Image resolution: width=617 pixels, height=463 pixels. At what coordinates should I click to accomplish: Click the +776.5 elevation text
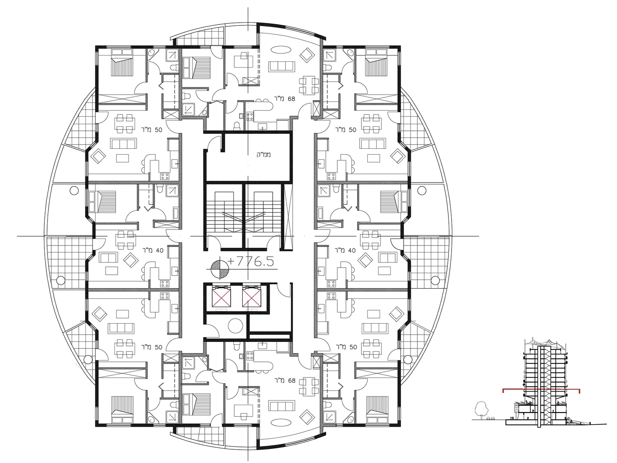[x=251, y=262]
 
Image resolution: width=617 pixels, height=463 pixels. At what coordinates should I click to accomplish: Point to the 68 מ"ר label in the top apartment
[x=285, y=99]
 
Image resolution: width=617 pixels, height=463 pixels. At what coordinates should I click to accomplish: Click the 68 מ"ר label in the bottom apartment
[x=285, y=381]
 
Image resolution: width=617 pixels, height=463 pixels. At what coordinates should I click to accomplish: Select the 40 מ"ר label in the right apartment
[x=345, y=251]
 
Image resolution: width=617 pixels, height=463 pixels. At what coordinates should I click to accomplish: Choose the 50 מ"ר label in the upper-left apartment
[x=151, y=130]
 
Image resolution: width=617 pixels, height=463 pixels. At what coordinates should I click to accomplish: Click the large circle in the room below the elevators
[x=235, y=326]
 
